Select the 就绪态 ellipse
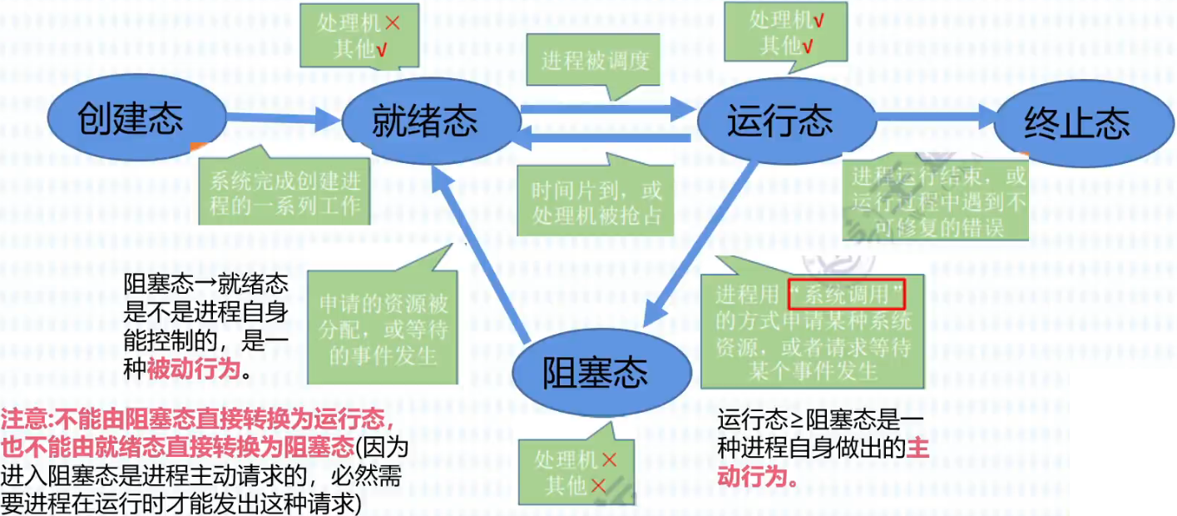click(x=425, y=122)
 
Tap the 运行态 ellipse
click(x=779, y=122)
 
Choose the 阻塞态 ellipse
click(x=595, y=373)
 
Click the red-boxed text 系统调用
click(x=843, y=295)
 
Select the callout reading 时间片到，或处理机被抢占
click(x=597, y=202)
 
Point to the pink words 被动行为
click(x=194, y=370)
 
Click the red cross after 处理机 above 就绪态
click(x=393, y=22)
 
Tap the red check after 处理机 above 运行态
click(x=818, y=21)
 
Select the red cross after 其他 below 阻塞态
click(x=599, y=485)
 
